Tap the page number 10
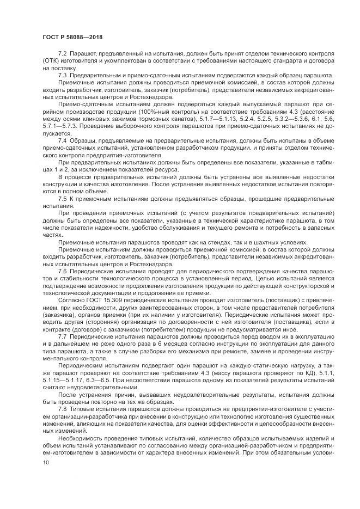(x=45, y=463)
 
